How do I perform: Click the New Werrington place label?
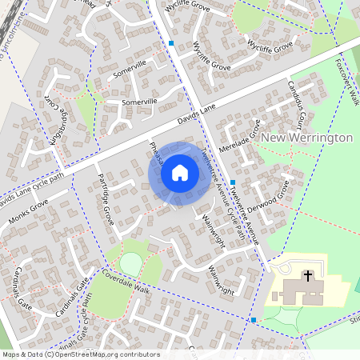(307, 138)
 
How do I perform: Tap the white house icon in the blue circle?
(180, 171)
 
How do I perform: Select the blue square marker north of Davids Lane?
(171, 43)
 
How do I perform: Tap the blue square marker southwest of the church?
(253, 320)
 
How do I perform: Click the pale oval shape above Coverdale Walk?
(130, 263)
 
